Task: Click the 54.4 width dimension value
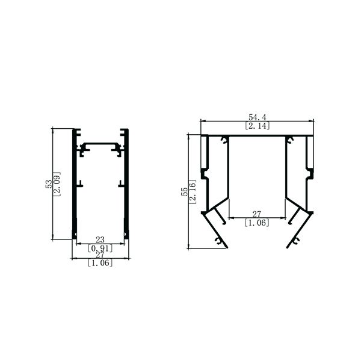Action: tap(257, 117)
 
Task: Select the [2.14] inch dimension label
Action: tap(257, 126)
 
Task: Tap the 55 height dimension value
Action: tap(185, 191)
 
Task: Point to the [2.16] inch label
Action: tap(193, 191)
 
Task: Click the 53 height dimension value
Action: tap(49, 184)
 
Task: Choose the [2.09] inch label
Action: tap(57, 184)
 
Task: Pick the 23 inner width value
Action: tap(100, 240)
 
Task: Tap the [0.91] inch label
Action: tap(100, 248)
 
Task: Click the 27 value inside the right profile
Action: tap(256, 214)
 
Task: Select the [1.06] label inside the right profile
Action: tap(257, 223)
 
